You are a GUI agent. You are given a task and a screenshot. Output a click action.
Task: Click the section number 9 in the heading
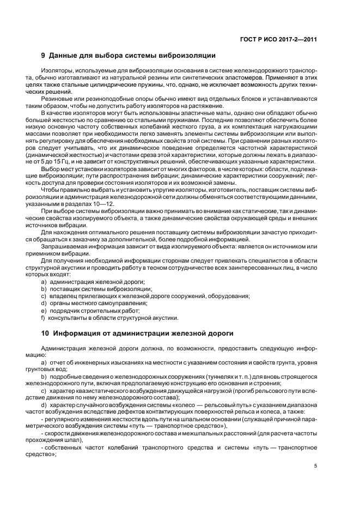click(44, 56)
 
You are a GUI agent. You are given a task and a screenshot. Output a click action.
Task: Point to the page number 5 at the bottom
click(315, 465)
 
